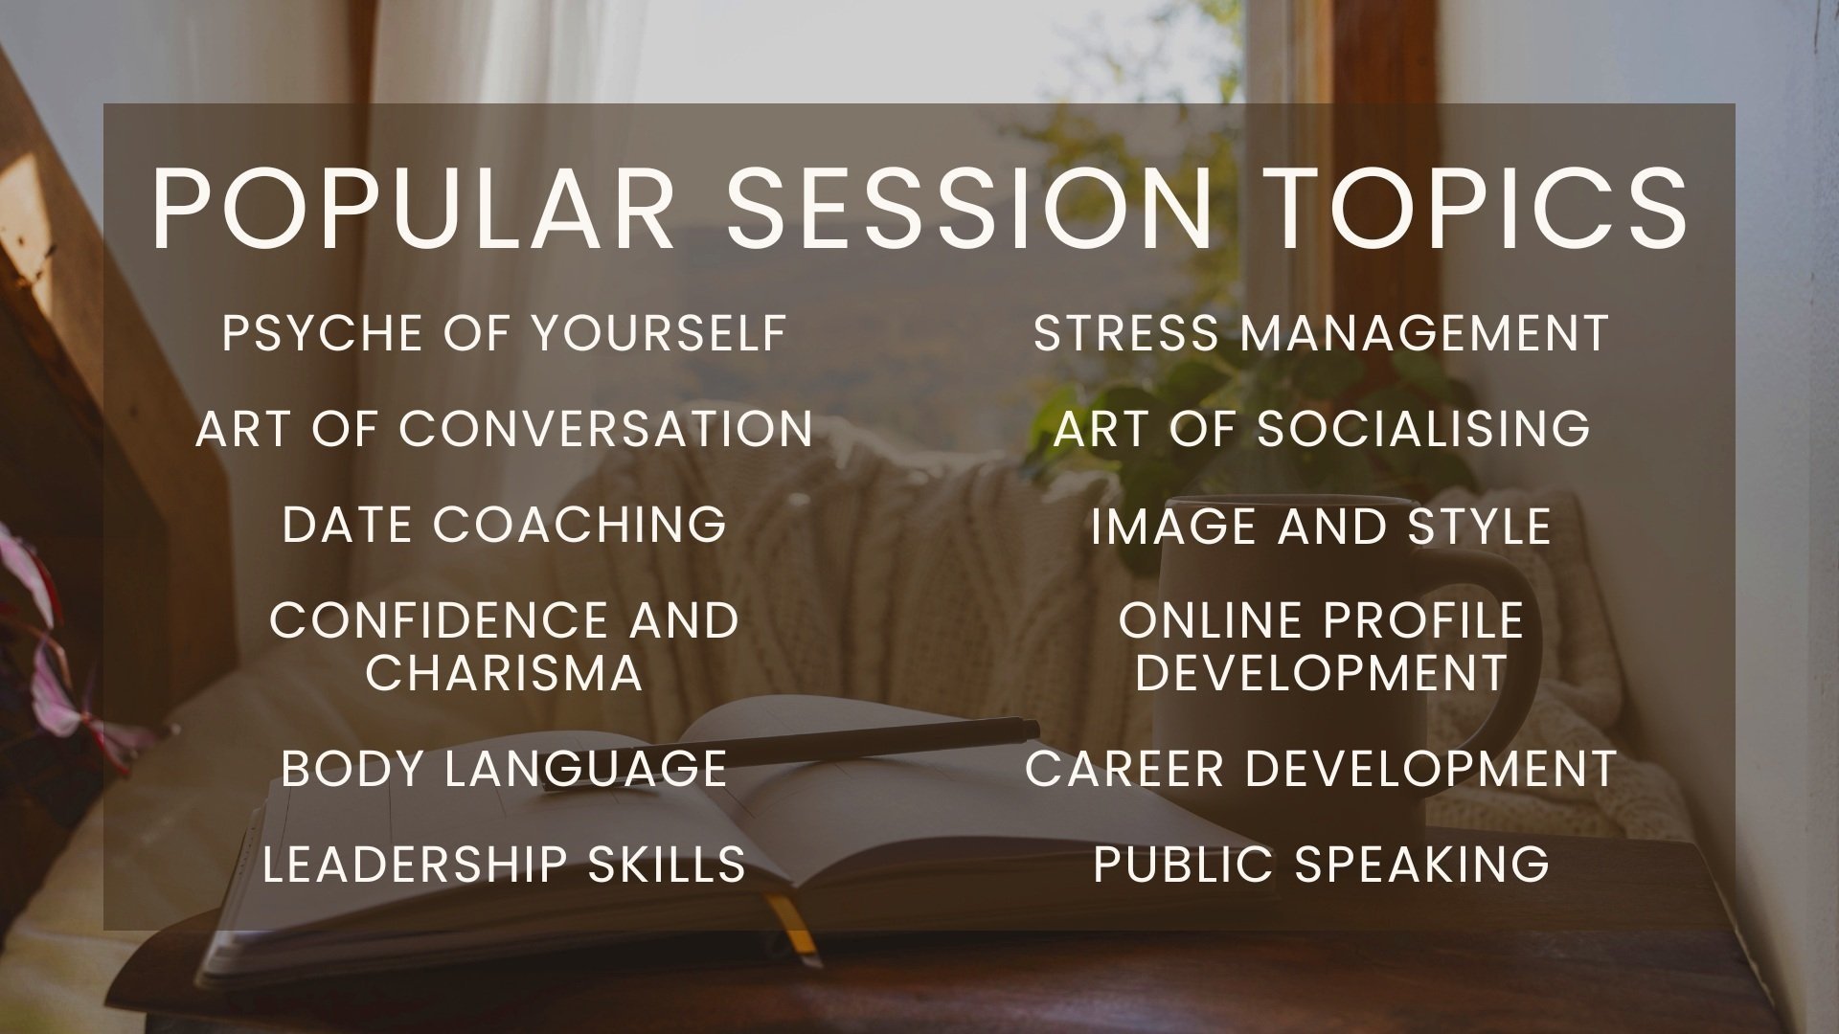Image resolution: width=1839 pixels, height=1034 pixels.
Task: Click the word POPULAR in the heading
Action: coord(414,210)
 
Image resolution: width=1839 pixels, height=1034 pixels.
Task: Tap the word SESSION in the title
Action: coord(970,210)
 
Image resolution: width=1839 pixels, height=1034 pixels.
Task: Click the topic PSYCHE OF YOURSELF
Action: coord(505,333)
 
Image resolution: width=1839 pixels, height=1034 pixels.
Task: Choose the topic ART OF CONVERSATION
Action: coord(505,428)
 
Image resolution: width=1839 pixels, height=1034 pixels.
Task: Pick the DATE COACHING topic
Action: coord(505,525)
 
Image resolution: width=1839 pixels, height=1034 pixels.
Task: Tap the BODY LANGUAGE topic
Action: coord(505,769)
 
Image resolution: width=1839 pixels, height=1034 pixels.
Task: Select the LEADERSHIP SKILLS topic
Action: coord(504,864)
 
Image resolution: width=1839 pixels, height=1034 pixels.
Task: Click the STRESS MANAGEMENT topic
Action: coord(1321,333)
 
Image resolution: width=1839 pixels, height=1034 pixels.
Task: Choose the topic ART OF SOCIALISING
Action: coord(1322,428)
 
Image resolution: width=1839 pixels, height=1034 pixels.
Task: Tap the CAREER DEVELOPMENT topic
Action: coord(1321,769)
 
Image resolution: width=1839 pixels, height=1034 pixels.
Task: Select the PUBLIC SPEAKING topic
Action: coord(1321,864)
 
